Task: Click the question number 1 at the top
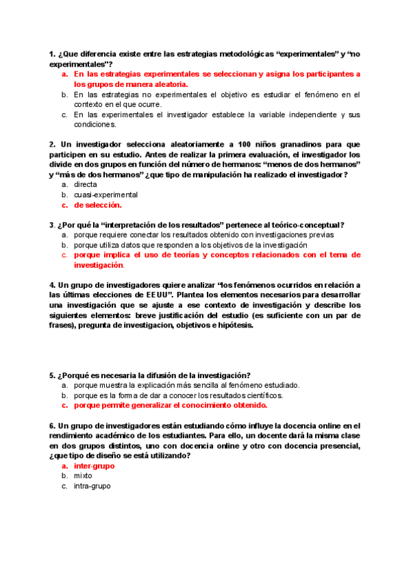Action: (51, 53)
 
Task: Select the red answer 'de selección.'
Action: (98, 205)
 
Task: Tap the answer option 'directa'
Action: (86, 185)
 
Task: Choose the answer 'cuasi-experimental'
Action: (106, 195)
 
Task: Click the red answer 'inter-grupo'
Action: (94, 466)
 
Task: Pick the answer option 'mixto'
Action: (83, 475)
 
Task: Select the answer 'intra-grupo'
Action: (92, 486)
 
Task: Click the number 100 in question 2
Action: (245, 145)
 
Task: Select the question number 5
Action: (51, 375)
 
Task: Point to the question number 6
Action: (51, 426)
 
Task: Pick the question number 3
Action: (51, 225)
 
